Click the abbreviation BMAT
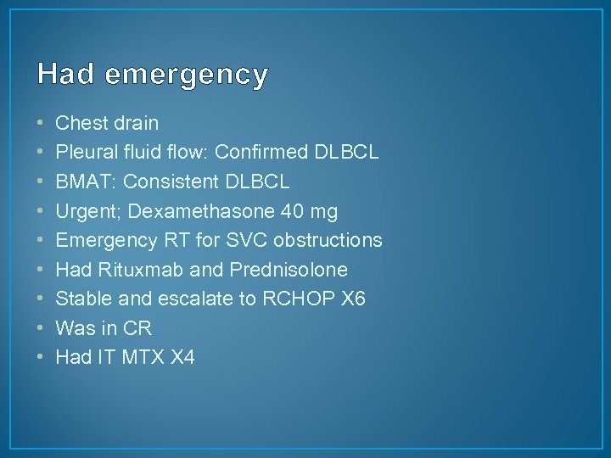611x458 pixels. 81,182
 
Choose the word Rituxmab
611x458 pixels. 132,270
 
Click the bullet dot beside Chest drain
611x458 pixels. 42,124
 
